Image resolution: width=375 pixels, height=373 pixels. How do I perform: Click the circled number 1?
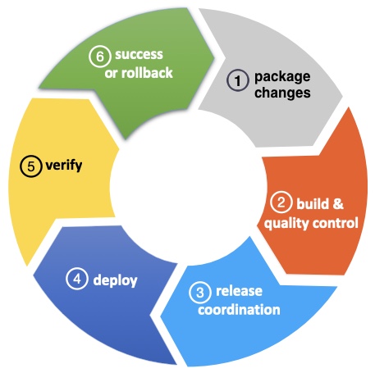click(238, 80)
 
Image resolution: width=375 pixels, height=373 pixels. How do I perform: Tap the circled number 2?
click(281, 202)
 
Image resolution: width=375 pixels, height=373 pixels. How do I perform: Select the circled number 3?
click(200, 293)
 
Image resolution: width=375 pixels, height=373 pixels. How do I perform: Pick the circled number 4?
click(77, 279)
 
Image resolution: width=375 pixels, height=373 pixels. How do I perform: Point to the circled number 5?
click(31, 166)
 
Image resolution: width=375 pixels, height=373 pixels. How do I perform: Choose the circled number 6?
click(100, 57)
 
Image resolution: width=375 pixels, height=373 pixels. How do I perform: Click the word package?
click(282, 77)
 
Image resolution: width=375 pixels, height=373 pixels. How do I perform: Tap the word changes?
click(282, 93)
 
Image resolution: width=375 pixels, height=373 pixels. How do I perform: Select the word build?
click(313, 203)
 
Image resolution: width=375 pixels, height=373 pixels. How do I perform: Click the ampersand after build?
click(338, 204)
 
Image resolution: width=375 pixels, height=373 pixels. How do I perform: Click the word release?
click(239, 291)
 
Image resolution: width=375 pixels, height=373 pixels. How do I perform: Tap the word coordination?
click(239, 310)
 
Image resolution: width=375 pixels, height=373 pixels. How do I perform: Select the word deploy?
click(115, 280)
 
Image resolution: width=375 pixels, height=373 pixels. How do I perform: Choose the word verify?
click(64, 166)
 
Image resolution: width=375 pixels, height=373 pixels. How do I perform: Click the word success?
click(139, 55)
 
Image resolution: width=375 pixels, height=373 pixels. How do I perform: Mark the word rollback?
click(147, 73)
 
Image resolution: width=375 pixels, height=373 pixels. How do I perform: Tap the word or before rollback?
click(111, 74)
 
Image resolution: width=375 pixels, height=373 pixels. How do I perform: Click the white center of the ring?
click(187, 186)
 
